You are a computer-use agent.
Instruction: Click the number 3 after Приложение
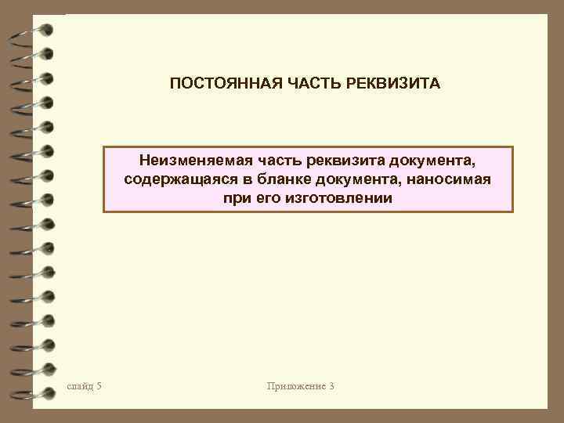coord(332,386)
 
